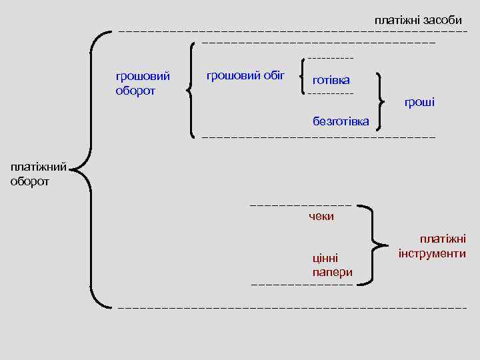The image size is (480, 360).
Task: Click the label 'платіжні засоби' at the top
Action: coord(418,20)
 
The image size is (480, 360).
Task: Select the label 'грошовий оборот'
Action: coord(143,84)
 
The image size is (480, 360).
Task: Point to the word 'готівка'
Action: coord(331,80)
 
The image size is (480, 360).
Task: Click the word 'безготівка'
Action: coord(341,121)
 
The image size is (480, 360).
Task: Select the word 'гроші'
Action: coord(420,102)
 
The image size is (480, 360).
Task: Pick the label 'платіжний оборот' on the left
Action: coord(38,175)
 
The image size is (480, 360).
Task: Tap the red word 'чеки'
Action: coord(321,216)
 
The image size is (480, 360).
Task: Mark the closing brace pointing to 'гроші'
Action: coord(382,101)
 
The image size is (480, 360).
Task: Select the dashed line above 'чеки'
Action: coord(300,204)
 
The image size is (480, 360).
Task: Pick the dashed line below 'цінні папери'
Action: coord(301,285)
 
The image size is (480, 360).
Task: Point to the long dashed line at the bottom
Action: coord(292,309)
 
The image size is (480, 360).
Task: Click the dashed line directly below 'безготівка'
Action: coord(318,137)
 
